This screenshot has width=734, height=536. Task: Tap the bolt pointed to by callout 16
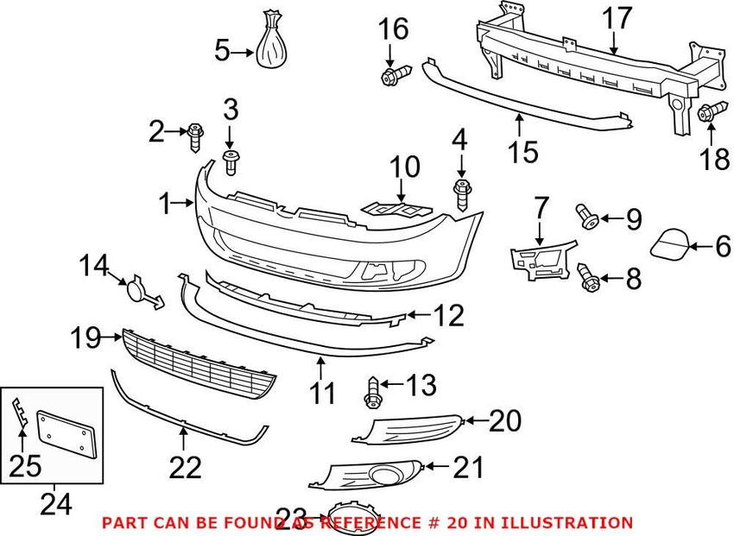(395, 75)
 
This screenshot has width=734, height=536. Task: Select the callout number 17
(617, 21)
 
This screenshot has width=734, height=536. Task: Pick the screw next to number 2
(196, 137)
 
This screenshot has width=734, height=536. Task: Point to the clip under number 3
(230, 163)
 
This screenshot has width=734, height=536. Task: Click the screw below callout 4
(462, 195)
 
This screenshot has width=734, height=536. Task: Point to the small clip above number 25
(19, 413)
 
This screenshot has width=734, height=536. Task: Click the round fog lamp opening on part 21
(383, 476)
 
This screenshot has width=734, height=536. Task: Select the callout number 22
(186, 467)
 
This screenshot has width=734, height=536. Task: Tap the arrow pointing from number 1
(183, 203)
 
